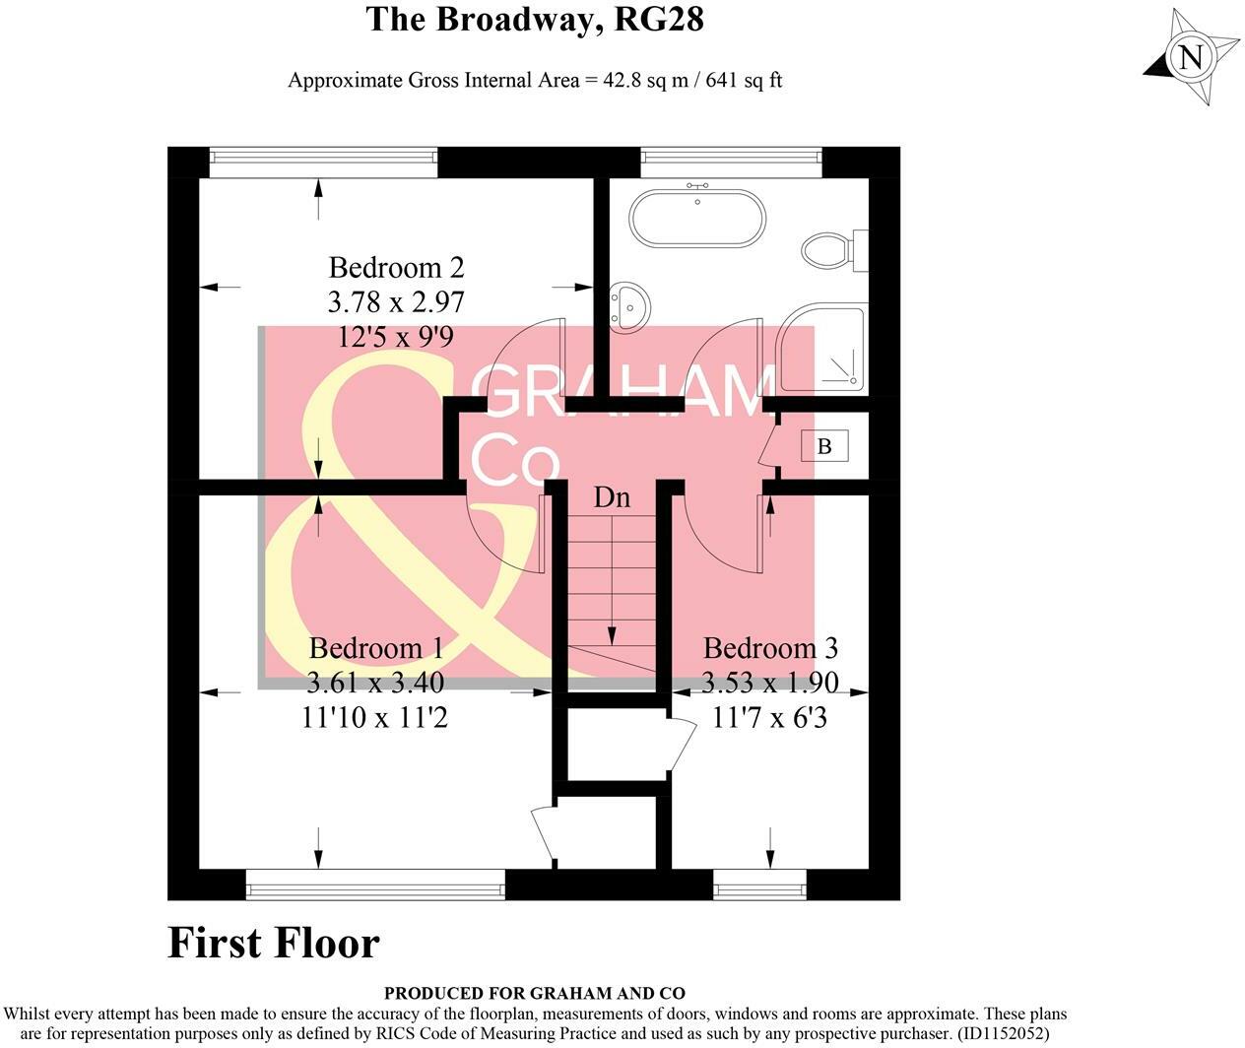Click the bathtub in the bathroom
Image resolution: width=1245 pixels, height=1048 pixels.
click(x=697, y=219)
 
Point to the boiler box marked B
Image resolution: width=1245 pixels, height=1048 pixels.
click(x=824, y=446)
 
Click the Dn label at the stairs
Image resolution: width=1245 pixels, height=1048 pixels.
click(x=612, y=497)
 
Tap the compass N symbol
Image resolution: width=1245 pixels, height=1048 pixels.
click(x=1192, y=57)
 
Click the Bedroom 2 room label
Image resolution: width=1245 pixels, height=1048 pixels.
click(x=396, y=268)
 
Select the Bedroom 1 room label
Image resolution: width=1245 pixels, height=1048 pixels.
click(x=375, y=648)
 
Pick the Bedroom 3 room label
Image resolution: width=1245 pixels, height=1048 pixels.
click(x=770, y=648)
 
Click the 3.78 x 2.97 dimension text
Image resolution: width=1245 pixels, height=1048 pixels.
click(x=396, y=301)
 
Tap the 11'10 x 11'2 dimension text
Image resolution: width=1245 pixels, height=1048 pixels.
click(x=375, y=717)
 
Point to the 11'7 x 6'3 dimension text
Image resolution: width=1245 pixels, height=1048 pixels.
click(x=770, y=717)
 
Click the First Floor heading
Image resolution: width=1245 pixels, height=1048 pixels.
click(x=274, y=943)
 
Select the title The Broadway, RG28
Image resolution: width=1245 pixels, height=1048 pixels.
click(x=535, y=19)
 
